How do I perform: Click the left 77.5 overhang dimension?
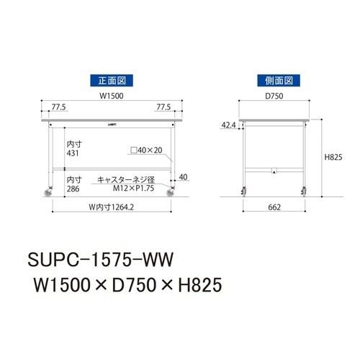[x=59, y=108]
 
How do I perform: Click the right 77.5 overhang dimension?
[x=164, y=108]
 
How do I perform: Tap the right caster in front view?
[x=171, y=192]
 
